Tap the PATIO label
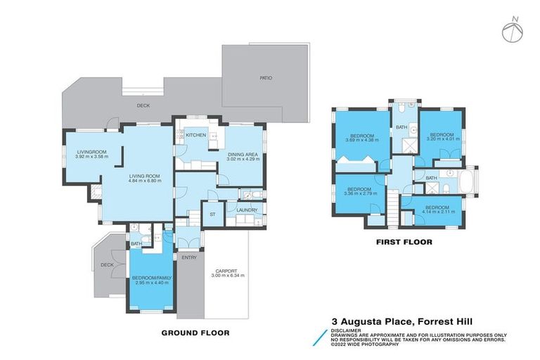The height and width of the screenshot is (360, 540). coord(264,77)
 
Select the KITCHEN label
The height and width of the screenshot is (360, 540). coord(195,134)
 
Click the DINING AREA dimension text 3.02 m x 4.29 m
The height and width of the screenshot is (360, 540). coord(243,160)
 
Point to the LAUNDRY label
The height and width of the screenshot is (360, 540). coord(246,210)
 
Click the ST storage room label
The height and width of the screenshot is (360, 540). coord(212,214)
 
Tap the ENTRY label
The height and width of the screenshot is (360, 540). coord(188,257)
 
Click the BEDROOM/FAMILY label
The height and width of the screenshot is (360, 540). coord(151,278)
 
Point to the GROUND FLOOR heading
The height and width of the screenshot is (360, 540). coord(195,333)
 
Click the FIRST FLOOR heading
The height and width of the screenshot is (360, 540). coord(403,242)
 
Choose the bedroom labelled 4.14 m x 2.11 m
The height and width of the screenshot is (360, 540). coord(437,210)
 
